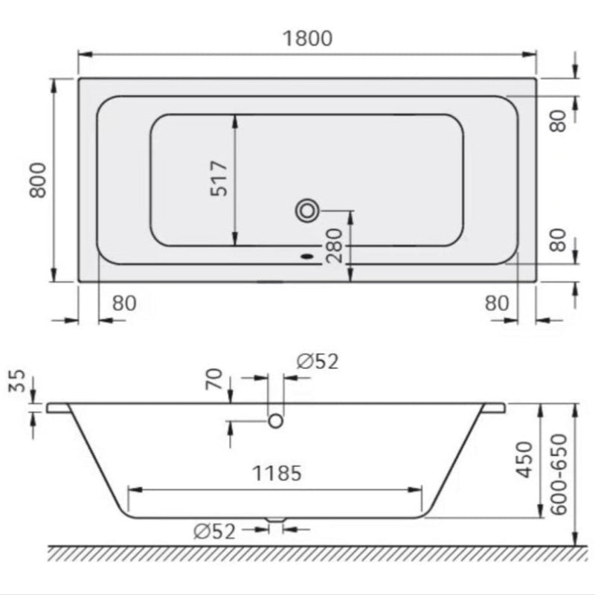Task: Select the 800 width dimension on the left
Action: [38, 181]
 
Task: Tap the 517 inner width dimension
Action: [219, 179]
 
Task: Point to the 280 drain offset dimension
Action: [334, 245]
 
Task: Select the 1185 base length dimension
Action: [276, 472]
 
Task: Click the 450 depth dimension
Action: [525, 460]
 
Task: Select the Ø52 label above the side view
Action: [317, 362]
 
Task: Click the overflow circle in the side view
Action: [276, 421]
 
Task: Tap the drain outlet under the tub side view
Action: [276, 520]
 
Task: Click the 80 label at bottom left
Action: [125, 303]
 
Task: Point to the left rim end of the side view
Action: [57, 408]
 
